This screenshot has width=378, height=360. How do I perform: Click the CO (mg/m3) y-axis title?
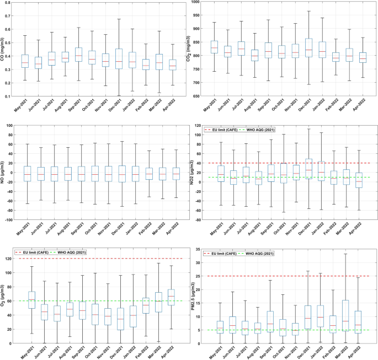tap(5, 50)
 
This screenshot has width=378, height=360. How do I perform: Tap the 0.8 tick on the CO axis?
tap(12, 3)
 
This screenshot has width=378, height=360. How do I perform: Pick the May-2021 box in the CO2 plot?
tap(214, 47)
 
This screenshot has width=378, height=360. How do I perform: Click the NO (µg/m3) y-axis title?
tap(5, 173)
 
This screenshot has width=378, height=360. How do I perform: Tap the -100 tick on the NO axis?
tap(12, 219)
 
